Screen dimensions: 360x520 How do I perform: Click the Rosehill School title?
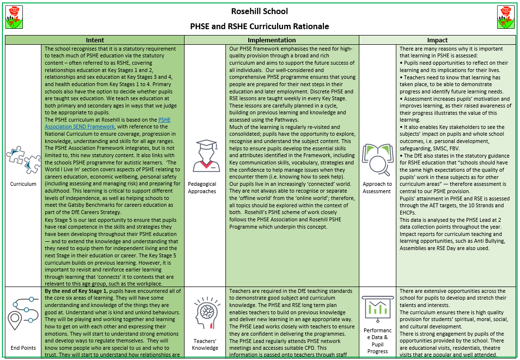pos(260,11)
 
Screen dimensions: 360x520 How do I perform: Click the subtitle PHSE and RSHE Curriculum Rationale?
pos(260,26)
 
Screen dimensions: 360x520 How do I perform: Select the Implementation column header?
pos(271,40)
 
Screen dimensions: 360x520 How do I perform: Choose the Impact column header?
pos(437,40)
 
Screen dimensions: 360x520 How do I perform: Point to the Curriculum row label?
pos(23,184)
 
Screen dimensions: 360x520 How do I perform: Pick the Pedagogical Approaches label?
pos(202,188)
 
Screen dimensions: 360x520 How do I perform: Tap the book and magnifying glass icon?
pos(377,159)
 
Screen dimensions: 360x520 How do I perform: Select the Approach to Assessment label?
pos(377,188)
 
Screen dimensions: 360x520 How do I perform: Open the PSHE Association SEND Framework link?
pos(107,123)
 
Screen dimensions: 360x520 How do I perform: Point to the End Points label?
pos(23,348)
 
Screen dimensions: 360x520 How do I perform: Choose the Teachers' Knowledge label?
pos(205,344)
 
